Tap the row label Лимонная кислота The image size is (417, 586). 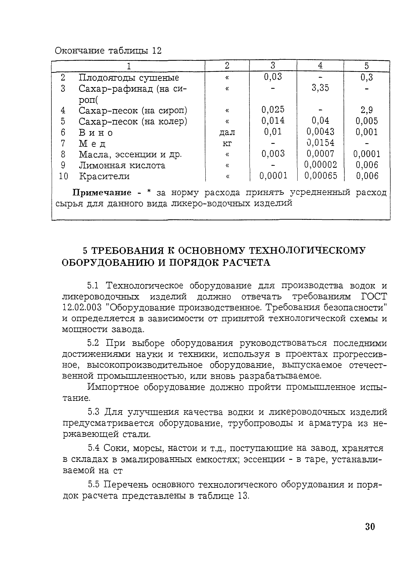122,165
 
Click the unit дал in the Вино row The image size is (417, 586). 227,132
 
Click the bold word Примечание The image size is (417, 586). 102,192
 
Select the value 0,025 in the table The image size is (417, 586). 273,110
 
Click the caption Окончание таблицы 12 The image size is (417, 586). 108,51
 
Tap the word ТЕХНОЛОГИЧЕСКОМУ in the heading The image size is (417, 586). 307,251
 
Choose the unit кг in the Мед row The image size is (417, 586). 227,143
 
